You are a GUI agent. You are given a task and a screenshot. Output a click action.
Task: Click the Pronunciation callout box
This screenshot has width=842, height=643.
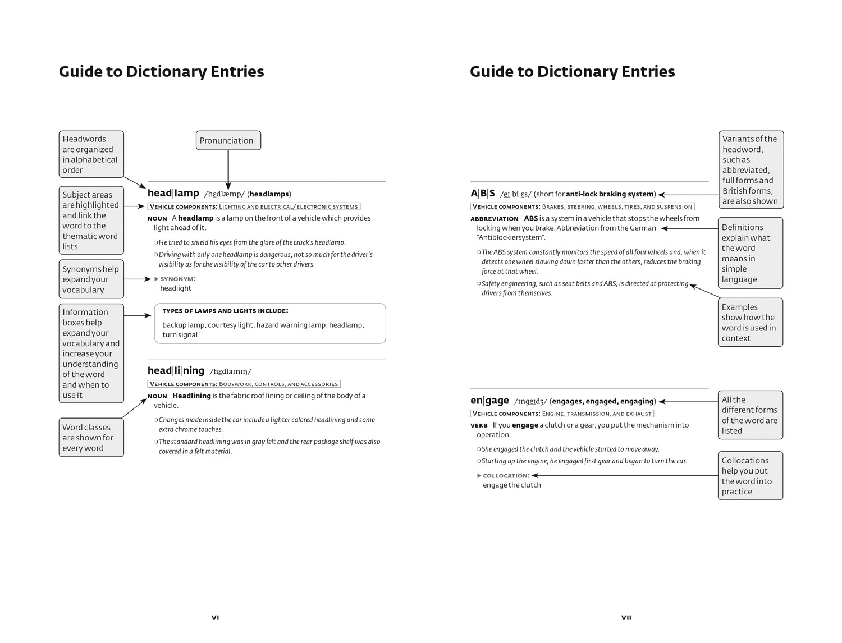pos(228,140)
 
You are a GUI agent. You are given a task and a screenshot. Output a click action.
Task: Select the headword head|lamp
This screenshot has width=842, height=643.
pos(173,193)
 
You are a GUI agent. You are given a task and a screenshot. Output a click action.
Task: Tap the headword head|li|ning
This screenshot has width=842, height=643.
pos(176,370)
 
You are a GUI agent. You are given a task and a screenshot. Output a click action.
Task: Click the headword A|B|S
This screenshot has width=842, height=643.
pos(483,193)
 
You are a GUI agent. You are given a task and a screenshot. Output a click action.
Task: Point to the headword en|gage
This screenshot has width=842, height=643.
pos(489,401)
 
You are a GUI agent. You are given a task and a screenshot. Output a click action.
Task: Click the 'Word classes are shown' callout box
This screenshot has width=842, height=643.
pos(91,437)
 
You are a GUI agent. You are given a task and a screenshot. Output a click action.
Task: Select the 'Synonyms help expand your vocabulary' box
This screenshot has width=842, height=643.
pos(91,279)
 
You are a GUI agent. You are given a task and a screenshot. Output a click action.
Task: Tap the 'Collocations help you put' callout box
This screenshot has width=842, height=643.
pos(750,476)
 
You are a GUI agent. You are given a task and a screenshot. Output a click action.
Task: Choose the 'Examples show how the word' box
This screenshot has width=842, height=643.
pos(750,322)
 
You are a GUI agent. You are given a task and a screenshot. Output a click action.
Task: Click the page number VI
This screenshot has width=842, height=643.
pos(215,617)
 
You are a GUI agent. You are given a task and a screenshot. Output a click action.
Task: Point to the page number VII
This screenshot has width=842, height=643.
pos(626,617)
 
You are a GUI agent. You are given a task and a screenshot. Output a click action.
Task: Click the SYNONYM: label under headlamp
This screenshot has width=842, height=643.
pos(177,279)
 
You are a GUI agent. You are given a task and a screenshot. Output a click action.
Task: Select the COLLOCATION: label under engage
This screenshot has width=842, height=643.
pos(506,476)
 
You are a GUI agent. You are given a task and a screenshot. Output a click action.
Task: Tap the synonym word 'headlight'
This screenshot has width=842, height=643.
pos(176,288)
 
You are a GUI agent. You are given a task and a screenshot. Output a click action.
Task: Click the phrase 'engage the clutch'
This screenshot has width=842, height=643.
pos(511,485)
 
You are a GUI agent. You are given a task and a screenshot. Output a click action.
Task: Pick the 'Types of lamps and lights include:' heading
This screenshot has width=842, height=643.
pos(225,311)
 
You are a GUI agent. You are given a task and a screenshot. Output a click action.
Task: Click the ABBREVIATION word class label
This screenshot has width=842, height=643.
pos(494,219)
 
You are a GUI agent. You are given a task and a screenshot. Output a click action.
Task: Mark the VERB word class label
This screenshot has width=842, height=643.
pos(479,425)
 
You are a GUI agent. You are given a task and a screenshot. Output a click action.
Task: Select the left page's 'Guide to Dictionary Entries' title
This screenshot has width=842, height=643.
pos(161,72)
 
